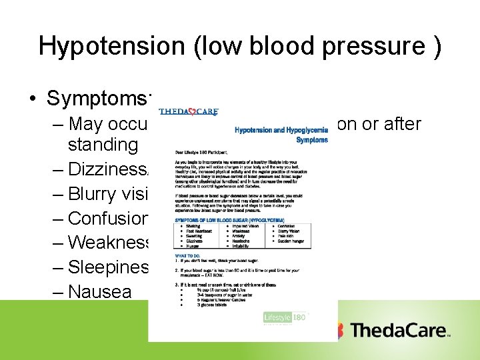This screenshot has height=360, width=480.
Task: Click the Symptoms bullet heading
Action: point(100,98)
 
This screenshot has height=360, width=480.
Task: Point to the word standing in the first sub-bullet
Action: point(103,144)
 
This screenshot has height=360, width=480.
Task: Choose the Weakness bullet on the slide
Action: point(109,242)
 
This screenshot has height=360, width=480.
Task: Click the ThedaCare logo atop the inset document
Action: point(189,112)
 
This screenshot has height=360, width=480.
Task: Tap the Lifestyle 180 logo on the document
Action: point(285,318)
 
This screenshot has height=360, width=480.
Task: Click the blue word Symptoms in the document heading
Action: point(312,140)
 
